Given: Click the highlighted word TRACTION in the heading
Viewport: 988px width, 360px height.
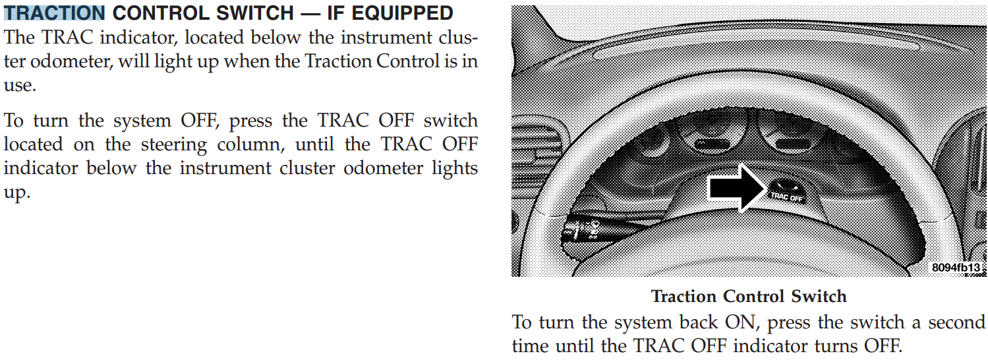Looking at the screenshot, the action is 54,13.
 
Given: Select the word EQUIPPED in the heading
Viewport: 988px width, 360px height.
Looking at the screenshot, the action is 402,13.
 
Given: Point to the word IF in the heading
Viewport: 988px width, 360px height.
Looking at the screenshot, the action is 335,13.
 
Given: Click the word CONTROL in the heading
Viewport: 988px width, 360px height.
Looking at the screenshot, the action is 161,13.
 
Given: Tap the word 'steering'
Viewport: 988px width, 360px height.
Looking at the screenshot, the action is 174,145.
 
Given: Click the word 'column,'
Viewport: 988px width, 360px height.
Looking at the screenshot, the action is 251,144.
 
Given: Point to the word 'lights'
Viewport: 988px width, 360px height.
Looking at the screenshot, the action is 455,169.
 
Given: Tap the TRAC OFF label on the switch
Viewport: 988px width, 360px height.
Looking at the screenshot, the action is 786,196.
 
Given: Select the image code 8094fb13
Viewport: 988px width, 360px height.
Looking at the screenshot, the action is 956,267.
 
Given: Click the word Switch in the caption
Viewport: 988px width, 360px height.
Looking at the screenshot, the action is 819,297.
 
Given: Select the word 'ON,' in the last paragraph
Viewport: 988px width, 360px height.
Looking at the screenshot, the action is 742,322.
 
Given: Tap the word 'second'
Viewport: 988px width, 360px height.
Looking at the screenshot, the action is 956,322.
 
